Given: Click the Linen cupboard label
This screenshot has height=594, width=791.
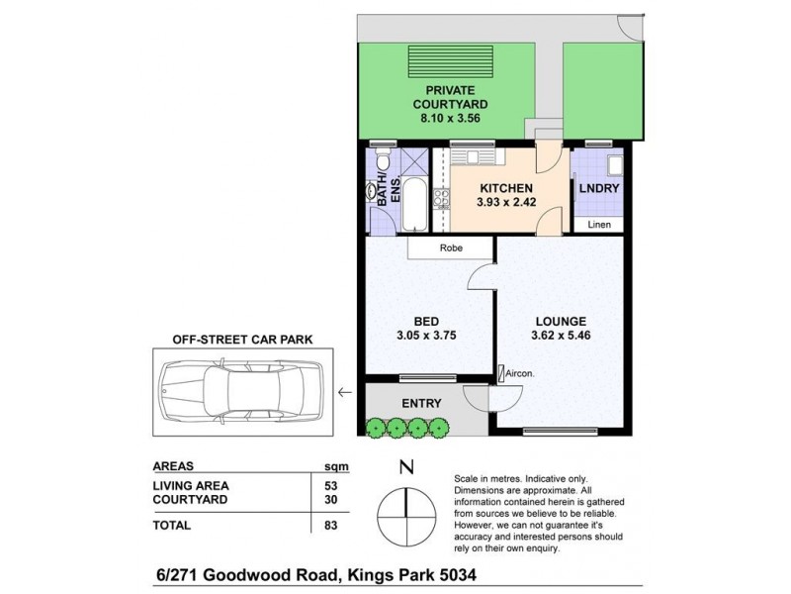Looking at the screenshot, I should click(599, 226).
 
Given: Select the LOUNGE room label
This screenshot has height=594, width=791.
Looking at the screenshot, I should click(561, 321).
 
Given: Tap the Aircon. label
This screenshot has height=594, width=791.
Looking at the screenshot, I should click(520, 373).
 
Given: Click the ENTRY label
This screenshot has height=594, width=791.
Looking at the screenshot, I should click(421, 403).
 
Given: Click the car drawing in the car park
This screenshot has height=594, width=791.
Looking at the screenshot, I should click(241, 393).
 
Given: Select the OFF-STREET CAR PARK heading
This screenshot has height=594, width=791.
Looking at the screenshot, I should click(243, 339).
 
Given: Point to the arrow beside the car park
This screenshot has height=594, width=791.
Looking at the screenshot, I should click(343, 393).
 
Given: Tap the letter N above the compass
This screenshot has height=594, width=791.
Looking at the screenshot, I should click(405, 467).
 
